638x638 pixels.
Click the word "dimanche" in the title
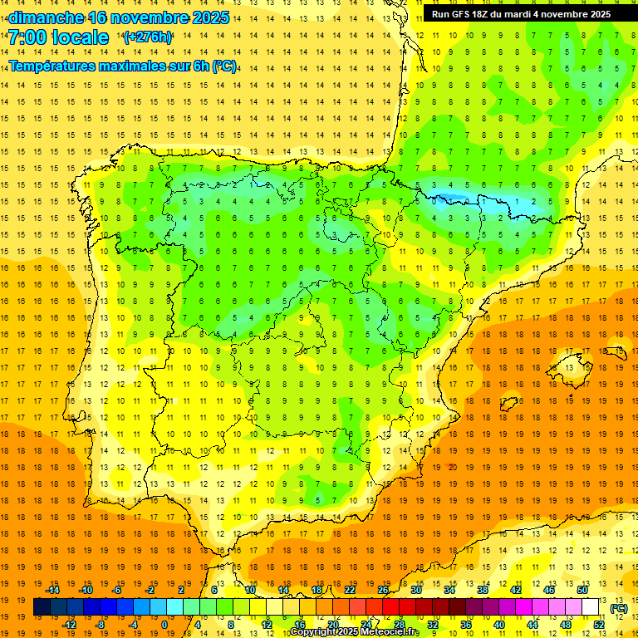(46, 17)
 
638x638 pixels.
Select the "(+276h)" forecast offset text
(148, 37)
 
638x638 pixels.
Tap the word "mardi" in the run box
(537, 14)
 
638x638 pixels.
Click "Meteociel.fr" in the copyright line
(390, 632)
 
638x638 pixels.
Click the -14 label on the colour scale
(52, 590)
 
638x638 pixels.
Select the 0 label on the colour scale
(164, 625)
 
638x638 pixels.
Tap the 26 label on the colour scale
(383, 590)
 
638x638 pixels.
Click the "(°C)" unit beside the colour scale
(619, 608)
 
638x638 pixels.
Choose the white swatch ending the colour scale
(591, 607)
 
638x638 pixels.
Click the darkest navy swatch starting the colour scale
(42, 607)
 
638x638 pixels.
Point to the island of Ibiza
(508, 405)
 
